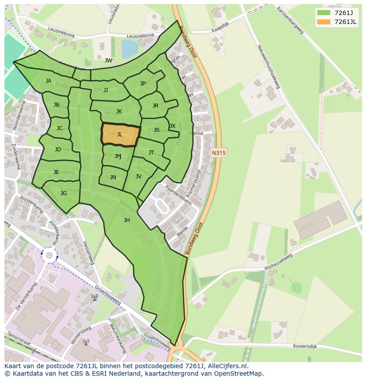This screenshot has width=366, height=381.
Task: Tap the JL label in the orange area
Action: point(119,135)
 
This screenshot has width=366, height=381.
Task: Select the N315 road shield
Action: point(218,153)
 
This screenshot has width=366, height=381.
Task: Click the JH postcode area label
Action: point(127,220)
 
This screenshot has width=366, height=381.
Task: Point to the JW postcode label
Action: point(108,61)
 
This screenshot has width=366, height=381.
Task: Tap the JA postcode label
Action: point(48,81)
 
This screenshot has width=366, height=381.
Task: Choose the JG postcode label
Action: point(64,193)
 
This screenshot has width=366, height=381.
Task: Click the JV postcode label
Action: point(138,177)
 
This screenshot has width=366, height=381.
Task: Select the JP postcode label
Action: point(143,84)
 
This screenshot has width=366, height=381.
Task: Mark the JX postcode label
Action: point(172,126)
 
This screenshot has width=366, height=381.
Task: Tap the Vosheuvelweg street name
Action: point(278,262)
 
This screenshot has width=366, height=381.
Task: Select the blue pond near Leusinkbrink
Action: point(130,48)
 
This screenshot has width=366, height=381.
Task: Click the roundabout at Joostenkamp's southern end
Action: point(49,255)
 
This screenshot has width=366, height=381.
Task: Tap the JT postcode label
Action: point(151,153)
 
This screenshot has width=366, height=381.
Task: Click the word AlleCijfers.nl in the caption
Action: point(225,366)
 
